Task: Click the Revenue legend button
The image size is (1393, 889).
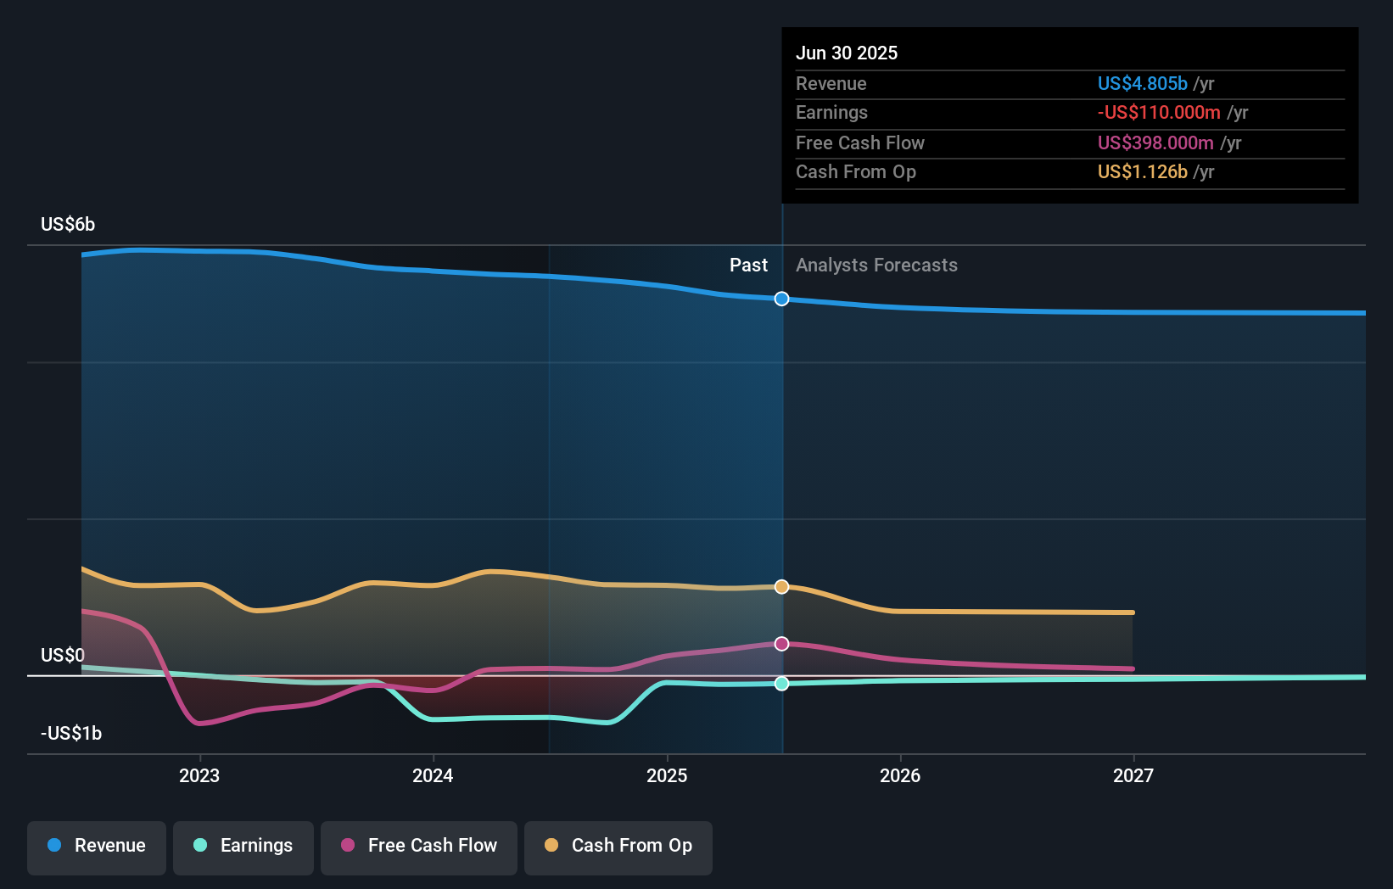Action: [x=97, y=846]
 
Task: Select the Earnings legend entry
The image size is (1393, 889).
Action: [x=243, y=846]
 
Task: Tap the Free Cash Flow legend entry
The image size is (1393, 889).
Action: [x=419, y=846]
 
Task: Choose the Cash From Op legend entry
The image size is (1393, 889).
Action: [x=618, y=846]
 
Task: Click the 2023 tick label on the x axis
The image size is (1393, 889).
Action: [x=199, y=775]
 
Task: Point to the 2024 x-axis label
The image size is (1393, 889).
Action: [x=433, y=775]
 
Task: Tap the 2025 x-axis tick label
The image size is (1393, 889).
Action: [x=667, y=775]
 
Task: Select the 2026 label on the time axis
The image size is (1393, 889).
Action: [x=900, y=775]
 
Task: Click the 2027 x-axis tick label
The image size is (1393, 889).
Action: [x=1133, y=775]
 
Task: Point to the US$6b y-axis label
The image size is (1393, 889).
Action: [x=68, y=224]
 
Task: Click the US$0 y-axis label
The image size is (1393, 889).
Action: [x=63, y=655]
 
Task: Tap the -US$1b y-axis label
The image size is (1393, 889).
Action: [x=71, y=733]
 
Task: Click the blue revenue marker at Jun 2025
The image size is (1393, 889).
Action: [x=782, y=299]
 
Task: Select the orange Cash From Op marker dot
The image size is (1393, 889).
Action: [x=782, y=587]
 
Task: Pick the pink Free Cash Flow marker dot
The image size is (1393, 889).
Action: [x=782, y=644]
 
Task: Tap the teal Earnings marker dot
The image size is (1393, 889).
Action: [x=782, y=684]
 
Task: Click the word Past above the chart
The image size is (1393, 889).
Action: [x=748, y=266]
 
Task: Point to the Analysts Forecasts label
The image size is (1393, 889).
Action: [x=876, y=266]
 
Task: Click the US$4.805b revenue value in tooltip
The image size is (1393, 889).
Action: [x=1142, y=83]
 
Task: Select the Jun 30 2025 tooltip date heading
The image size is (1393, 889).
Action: [x=847, y=53]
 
